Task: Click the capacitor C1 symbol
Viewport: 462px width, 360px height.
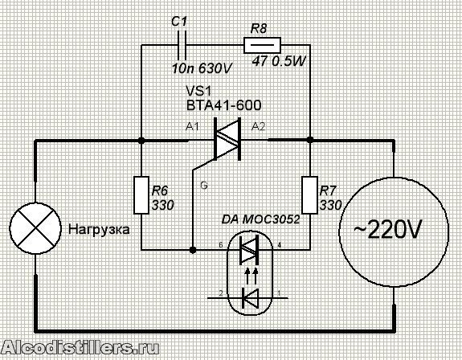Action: point(182,45)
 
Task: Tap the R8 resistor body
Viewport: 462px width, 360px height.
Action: point(262,45)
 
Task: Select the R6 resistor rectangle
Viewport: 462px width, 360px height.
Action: point(141,195)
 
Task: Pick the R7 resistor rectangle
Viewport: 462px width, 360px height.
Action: point(310,195)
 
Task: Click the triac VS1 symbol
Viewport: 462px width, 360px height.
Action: point(227,139)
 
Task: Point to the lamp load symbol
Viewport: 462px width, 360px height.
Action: point(35,228)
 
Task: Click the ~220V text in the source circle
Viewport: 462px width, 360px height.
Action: point(388,228)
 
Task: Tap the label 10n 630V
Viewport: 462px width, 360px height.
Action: point(202,68)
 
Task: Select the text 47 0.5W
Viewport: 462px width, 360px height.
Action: point(279,61)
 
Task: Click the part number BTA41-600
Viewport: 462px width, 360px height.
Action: point(224,105)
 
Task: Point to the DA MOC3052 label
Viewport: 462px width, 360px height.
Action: point(260,219)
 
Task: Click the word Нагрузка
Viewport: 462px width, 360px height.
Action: point(99,230)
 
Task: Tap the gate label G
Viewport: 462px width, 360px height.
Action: point(204,186)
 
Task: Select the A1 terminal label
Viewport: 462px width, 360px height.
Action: point(192,127)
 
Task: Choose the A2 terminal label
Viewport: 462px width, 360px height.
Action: point(259,127)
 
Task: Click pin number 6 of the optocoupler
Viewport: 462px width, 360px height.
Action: point(221,244)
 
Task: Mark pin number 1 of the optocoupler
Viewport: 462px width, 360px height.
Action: point(279,293)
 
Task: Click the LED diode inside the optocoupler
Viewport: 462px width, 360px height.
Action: point(250,298)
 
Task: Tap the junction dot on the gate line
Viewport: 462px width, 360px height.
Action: point(193,250)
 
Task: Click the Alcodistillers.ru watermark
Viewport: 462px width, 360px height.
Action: point(80,348)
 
